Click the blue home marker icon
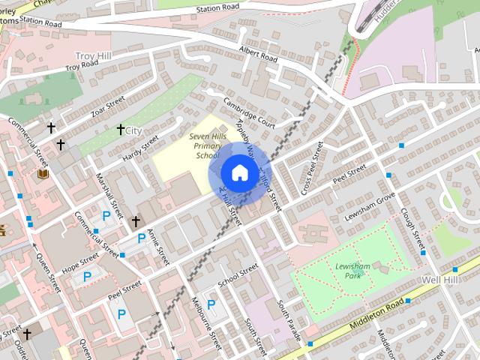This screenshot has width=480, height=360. tap(238, 172)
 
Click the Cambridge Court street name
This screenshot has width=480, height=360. tap(249, 112)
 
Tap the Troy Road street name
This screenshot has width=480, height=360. tap(82, 67)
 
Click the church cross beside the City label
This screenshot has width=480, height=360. tap(120, 130)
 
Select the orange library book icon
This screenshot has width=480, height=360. tap(43, 174)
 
